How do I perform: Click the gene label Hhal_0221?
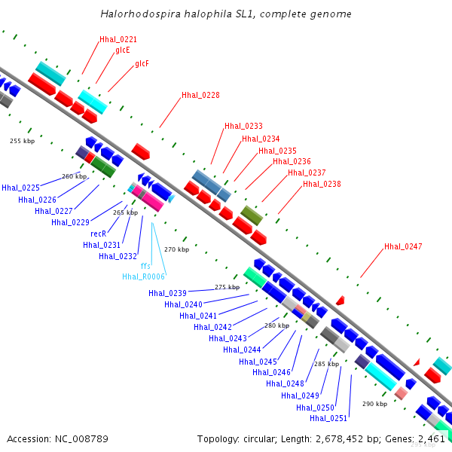click(x=118, y=39)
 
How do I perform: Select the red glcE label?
click(x=123, y=50)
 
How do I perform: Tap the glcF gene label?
click(x=142, y=64)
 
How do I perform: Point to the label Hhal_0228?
click(x=200, y=96)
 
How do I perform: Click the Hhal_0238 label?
click(x=322, y=184)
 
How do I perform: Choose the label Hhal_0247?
click(x=403, y=246)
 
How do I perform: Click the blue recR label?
click(x=98, y=234)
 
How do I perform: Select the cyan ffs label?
click(x=145, y=266)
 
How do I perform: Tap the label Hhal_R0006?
click(x=143, y=276)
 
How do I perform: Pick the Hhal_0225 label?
click(x=20, y=188)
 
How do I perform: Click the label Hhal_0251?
click(x=328, y=418)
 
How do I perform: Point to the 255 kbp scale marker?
click(x=22, y=141)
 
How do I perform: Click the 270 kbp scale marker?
click(x=176, y=249)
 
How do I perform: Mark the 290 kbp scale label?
click(x=374, y=404)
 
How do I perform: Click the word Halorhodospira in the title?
click(x=133, y=14)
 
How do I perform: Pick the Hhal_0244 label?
click(x=242, y=349)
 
